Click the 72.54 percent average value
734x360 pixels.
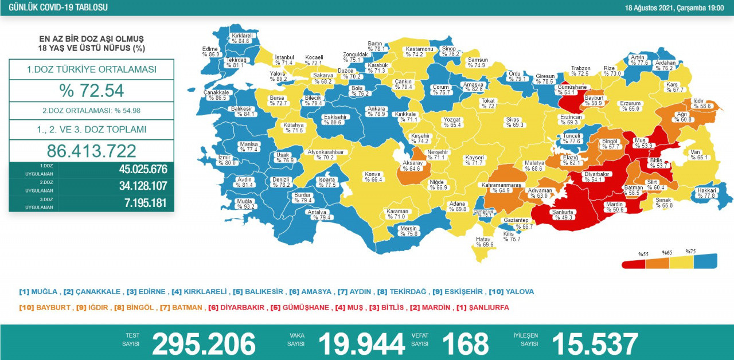[x=92, y=91]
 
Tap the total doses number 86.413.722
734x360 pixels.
[x=92, y=151]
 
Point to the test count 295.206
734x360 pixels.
[x=204, y=344]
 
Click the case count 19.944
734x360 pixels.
[x=361, y=344]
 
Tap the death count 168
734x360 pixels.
[x=465, y=344]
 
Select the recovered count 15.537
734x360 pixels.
[x=595, y=344]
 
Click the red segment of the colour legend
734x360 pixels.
[x=634, y=264]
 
